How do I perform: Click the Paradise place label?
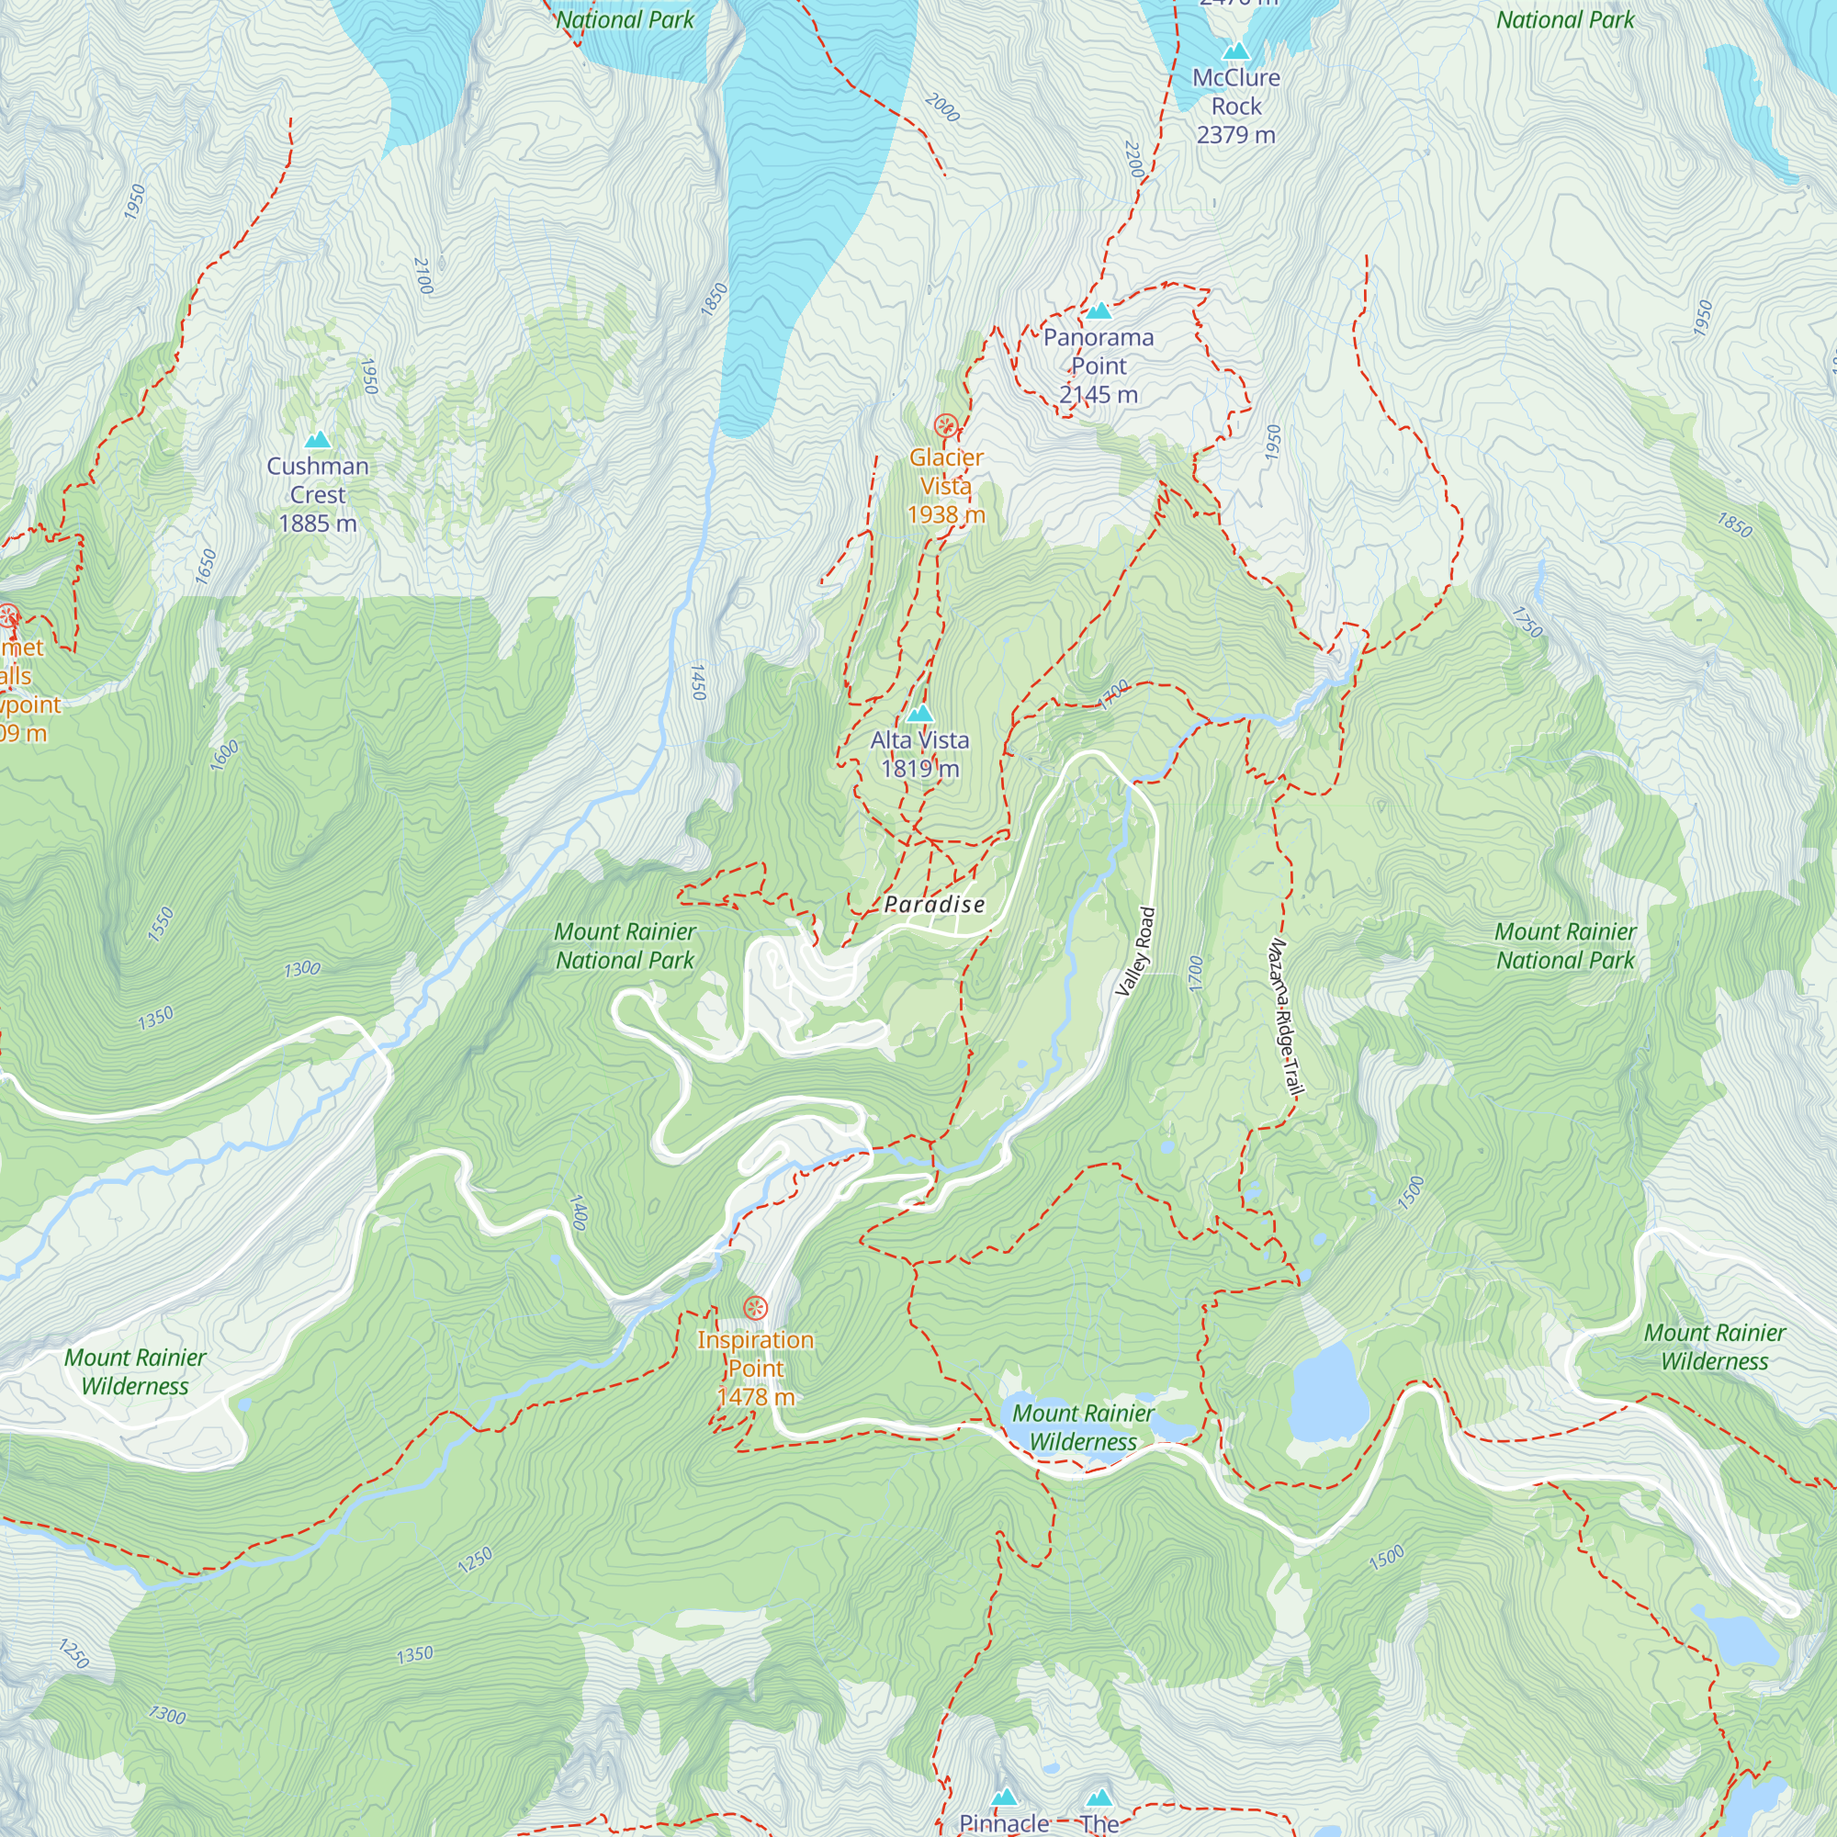[x=934, y=904]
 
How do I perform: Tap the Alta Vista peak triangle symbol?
[x=918, y=713]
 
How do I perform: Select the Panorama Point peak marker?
[x=1099, y=310]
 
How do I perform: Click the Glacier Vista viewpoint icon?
[x=945, y=425]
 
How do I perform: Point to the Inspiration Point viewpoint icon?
[x=755, y=1308]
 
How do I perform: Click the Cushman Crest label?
[x=318, y=480]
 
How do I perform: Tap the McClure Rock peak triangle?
[x=1235, y=51]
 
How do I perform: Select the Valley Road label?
[x=1136, y=952]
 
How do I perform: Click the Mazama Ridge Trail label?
[x=1285, y=1019]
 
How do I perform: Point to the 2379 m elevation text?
[x=1235, y=135]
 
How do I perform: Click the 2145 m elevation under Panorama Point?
[x=1099, y=395]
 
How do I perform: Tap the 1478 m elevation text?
[x=755, y=1397]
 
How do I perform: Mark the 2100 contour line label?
[x=423, y=276]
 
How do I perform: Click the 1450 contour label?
[x=698, y=682]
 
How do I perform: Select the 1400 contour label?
[x=577, y=1212]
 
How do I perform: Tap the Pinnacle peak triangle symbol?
[x=1004, y=1798]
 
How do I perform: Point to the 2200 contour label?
[x=1133, y=158]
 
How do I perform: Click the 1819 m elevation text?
[x=919, y=768]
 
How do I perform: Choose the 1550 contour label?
[x=161, y=924]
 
